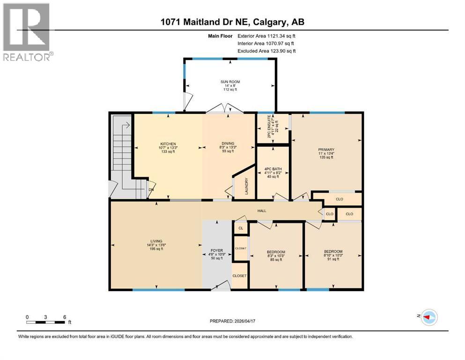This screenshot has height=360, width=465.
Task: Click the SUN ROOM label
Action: click(x=230, y=82)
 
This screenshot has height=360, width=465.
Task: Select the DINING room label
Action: click(x=228, y=143)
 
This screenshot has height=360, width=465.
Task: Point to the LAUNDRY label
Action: click(x=246, y=187)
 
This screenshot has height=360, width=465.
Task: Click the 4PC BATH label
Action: click(x=272, y=168)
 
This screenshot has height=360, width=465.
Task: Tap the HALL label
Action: click(x=262, y=211)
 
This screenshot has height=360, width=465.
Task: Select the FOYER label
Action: click(x=216, y=250)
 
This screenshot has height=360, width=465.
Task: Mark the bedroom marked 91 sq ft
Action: click(x=333, y=255)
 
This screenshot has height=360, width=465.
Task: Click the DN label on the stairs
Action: click(x=151, y=190)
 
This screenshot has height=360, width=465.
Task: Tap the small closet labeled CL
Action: click(x=241, y=228)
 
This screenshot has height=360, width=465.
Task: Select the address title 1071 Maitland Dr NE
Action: click(x=232, y=22)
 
